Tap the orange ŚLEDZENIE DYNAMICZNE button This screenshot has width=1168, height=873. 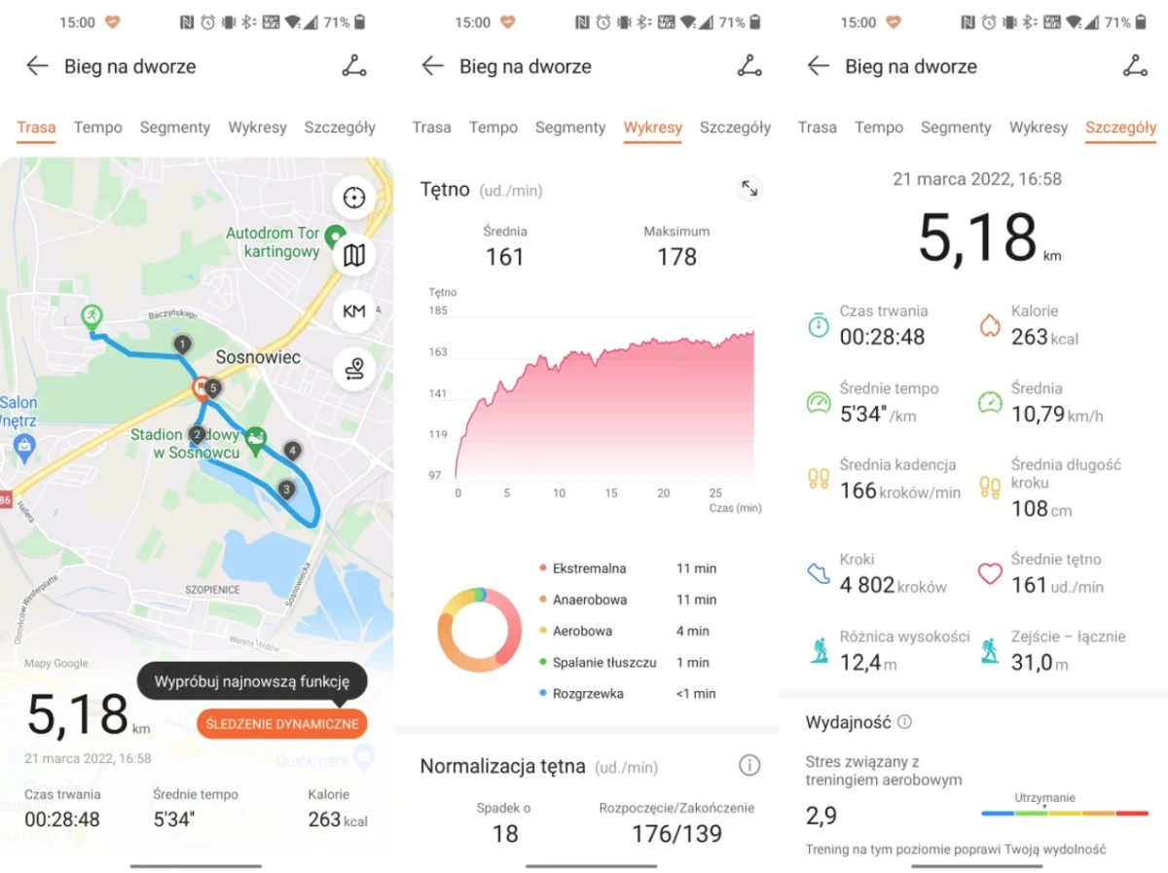pyautogui.click(x=282, y=723)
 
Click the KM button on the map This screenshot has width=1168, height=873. pyautogui.click(x=353, y=311)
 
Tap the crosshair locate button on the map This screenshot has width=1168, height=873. pyautogui.click(x=353, y=198)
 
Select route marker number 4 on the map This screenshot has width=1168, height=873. pyautogui.click(x=292, y=451)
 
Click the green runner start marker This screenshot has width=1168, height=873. pyautogui.click(x=91, y=315)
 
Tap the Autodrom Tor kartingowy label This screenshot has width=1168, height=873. pyautogui.click(x=273, y=242)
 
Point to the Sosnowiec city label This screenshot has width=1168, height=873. pyautogui.click(x=258, y=357)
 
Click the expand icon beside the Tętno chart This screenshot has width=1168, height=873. pyautogui.click(x=749, y=189)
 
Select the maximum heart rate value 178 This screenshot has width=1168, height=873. pyautogui.click(x=676, y=257)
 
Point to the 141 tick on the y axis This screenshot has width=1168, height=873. pyautogui.click(x=437, y=393)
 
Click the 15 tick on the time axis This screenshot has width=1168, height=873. pyautogui.click(x=611, y=493)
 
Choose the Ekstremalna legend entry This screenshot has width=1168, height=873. pyautogui.click(x=589, y=568)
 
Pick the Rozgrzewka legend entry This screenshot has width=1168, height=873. pyautogui.click(x=588, y=694)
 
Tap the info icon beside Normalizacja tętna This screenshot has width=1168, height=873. pyautogui.click(x=748, y=766)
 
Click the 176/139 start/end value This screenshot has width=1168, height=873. pyautogui.click(x=676, y=834)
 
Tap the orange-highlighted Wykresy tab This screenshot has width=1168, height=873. pyautogui.click(x=652, y=127)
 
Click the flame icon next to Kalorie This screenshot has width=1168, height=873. pyautogui.click(x=989, y=325)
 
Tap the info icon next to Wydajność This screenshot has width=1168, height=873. pyautogui.click(x=904, y=722)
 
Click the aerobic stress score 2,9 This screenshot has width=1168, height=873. pyautogui.click(x=821, y=816)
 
